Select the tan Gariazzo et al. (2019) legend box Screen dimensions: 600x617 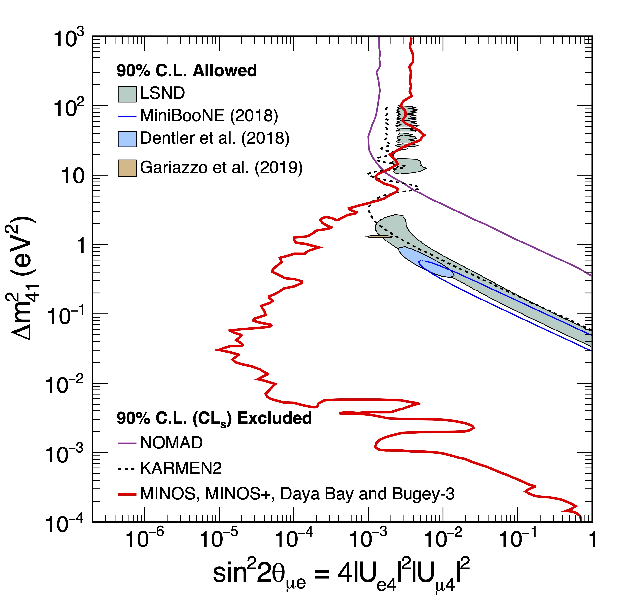coord(127,168)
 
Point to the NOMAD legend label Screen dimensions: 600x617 coord(171,443)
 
